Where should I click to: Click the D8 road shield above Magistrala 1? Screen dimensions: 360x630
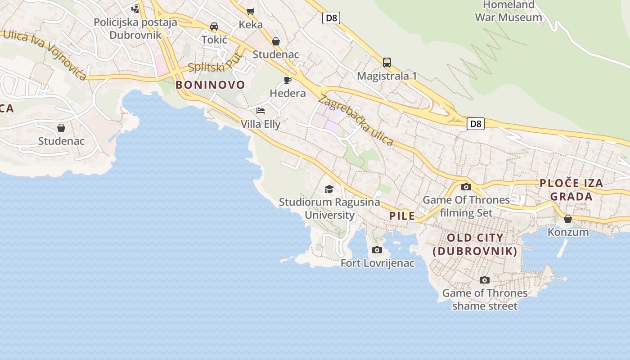[x=331, y=18]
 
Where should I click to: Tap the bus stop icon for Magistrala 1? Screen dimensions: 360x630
[x=387, y=63]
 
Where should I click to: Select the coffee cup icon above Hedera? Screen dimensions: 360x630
[x=288, y=81]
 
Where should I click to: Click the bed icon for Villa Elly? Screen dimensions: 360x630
[x=261, y=110]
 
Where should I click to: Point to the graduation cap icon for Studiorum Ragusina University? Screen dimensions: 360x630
[x=329, y=189]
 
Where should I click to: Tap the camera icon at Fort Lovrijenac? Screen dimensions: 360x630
[x=377, y=250]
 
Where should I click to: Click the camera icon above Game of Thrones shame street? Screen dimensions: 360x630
[x=484, y=280]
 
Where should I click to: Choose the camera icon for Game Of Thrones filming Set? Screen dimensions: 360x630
[x=466, y=187]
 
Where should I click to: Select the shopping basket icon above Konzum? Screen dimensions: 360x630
[x=568, y=219]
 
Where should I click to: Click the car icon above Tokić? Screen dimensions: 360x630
[x=214, y=27]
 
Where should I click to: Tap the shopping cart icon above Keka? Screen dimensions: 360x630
[x=250, y=11]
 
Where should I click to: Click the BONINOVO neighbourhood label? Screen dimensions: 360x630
[x=210, y=85]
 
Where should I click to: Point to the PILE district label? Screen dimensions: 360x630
[x=402, y=216]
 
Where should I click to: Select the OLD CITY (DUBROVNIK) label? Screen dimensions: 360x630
[x=475, y=244]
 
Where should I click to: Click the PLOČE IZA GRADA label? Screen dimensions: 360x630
[x=571, y=190]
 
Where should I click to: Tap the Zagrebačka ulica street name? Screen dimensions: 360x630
[x=356, y=120]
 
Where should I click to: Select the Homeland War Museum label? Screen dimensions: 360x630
[x=508, y=11]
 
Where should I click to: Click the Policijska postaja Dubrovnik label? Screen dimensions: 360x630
[x=135, y=28]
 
